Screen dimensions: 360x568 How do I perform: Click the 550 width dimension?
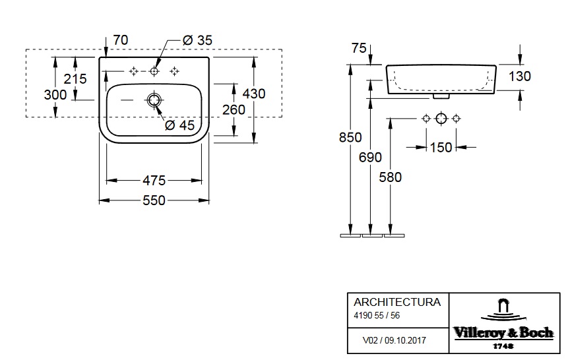(x=154, y=200)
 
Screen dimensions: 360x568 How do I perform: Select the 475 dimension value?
(x=154, y=180)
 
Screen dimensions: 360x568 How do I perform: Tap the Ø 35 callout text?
(x=197, y=41)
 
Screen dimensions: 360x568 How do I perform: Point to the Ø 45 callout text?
(x=179, y=125)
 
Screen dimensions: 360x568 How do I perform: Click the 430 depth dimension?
(x=254, y=94)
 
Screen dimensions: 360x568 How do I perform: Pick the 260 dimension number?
(x=234, y=109)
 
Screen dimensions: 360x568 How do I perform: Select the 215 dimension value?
(x=76, y=79)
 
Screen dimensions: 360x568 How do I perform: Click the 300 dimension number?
(x=55, y=95)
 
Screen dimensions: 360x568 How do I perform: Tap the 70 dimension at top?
(x=120, y=41)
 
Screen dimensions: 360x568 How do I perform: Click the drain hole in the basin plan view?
(x=154, y=100)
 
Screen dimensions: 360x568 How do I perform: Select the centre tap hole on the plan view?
(x=154, y=71)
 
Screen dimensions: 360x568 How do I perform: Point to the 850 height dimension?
(x=350, y=137)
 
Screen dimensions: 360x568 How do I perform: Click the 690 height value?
(x=371, y=157)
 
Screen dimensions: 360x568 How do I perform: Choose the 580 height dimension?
(x=391, y=176)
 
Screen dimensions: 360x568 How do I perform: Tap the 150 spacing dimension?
(x=441, y=147)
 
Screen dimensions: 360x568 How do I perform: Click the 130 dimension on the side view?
(x=520, y=76)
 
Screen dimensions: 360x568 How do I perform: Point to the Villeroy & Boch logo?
(x=503, y=324)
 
